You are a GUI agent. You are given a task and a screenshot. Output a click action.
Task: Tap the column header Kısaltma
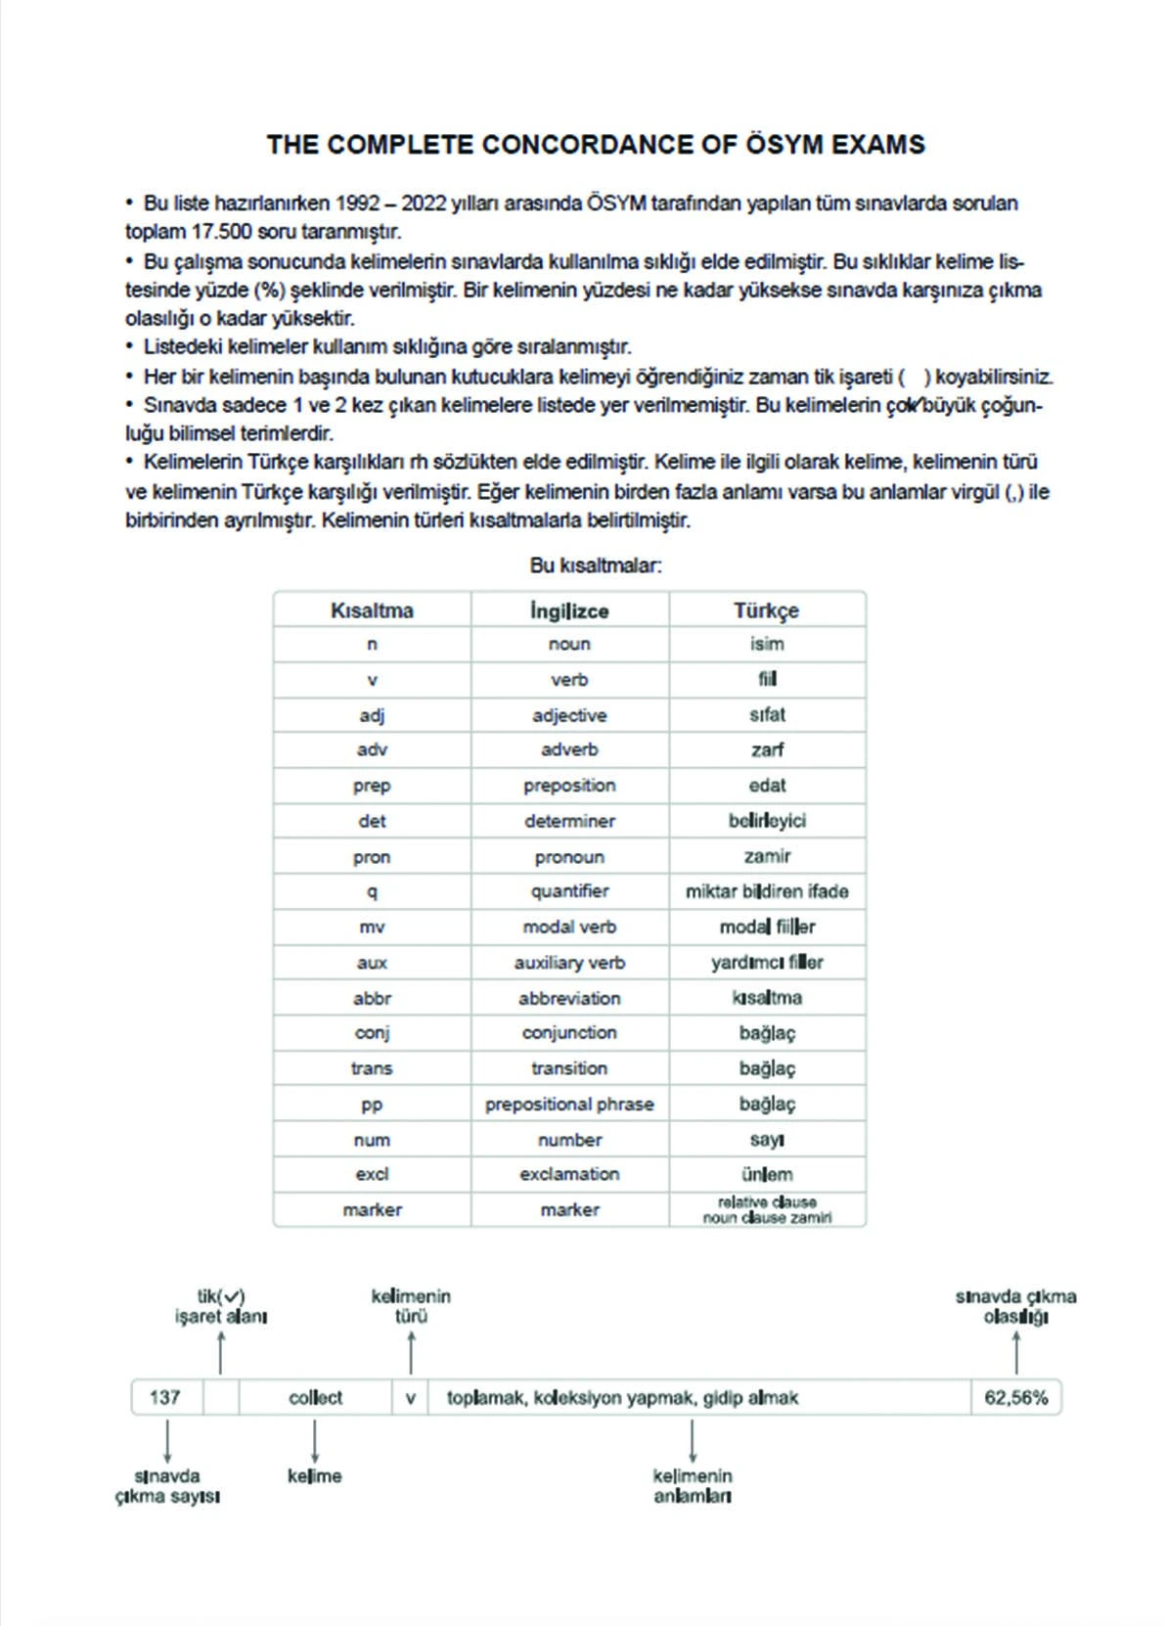point(372,610)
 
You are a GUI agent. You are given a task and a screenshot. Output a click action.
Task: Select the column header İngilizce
point(569,610)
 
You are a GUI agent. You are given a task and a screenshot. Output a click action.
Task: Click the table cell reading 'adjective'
point(569,715)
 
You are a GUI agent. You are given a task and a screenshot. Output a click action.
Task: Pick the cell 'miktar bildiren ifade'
point(767,891)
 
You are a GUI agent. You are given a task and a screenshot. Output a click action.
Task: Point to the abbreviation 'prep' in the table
point(372,786)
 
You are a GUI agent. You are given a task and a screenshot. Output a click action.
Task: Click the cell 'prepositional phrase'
point(569,1104)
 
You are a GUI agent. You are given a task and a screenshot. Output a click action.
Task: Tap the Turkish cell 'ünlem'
point(767,1174)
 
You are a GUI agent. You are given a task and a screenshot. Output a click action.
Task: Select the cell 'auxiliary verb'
point(569,963)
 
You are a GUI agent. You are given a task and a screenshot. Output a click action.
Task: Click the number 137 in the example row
point(165,1397)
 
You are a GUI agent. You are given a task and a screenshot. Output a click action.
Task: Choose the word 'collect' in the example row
point(315,1397)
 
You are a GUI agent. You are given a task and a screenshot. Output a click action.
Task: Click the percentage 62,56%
point(1015,1397)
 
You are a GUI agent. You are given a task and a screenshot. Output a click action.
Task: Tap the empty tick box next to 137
point(221,1397)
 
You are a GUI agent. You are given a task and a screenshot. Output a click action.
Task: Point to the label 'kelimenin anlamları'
point(693,1485)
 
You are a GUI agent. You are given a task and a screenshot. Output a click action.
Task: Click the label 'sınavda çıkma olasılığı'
point(1015,1306)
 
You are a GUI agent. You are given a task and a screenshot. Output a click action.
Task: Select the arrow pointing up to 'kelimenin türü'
point(411,1352)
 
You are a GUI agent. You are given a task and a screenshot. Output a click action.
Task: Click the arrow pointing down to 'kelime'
point(314,1442)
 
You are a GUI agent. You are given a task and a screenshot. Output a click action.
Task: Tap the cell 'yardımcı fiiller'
point(767,963)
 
